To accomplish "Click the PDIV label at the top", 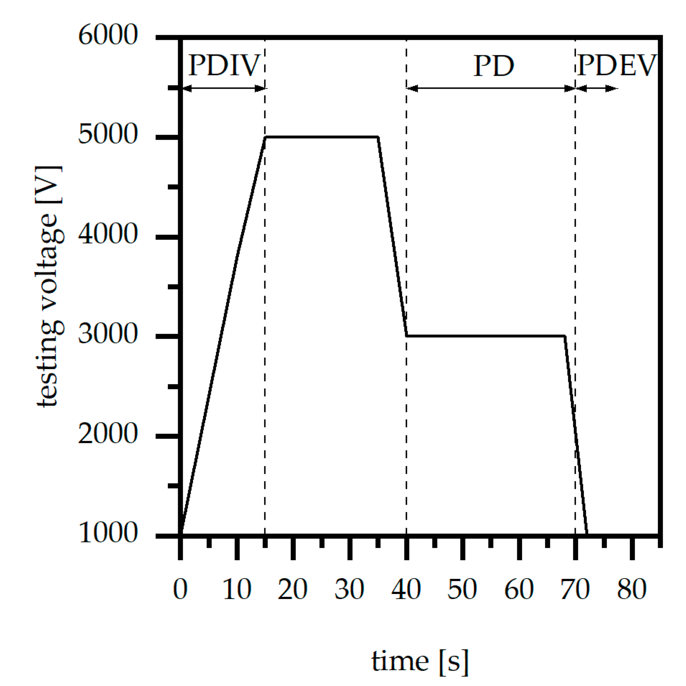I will [x=223, y=65].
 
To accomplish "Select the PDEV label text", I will [x=616, y=65].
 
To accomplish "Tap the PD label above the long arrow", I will [x=493, y=65].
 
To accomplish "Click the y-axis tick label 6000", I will [x=108, y=35].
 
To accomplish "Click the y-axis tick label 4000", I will [x=108, y=234].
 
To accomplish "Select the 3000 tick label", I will [x=108, y=334].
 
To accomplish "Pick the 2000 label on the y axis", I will [x=108, y=434].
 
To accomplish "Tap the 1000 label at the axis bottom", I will [x=108, y=533].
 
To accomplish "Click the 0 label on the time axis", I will [x=180, y=589].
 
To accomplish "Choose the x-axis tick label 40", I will [x=406, y=589].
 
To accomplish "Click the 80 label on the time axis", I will [x=632, y=589].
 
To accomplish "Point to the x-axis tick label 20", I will [x=292, y=589].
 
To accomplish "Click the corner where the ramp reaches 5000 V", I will [x=265, y=137].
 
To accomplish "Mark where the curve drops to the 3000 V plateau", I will [x=407, y=336].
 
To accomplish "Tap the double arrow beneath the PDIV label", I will [x=223, y=88].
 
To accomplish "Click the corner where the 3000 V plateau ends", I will [x=565, y=336].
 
